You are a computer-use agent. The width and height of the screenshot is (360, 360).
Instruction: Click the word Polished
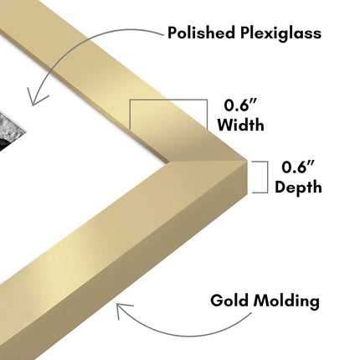point(201,33)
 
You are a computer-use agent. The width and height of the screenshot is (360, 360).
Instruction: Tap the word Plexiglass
point(281,33)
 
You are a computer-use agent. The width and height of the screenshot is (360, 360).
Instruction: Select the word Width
point(240,124)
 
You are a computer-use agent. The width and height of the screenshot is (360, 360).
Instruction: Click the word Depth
point(298,187)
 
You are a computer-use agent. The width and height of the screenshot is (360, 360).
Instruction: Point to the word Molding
point(286,301)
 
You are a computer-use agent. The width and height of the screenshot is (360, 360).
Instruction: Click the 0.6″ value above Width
point(240,105)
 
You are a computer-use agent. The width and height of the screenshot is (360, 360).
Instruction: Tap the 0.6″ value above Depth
point(298,167)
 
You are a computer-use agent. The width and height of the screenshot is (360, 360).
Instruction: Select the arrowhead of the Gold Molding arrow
point(122,309)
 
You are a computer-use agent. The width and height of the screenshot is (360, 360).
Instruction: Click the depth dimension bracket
point(267,177)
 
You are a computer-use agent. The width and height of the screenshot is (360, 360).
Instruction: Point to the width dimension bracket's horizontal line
point(168,100)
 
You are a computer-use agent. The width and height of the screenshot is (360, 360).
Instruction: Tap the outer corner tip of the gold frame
point(247,160)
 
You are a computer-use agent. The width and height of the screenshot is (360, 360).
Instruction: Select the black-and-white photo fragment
point(11,131)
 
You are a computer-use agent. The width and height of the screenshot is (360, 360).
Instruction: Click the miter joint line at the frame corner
point(208,161)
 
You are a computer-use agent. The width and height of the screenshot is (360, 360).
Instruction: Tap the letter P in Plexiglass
point(245,33)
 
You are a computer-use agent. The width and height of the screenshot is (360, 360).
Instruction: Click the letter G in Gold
point(217,301)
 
